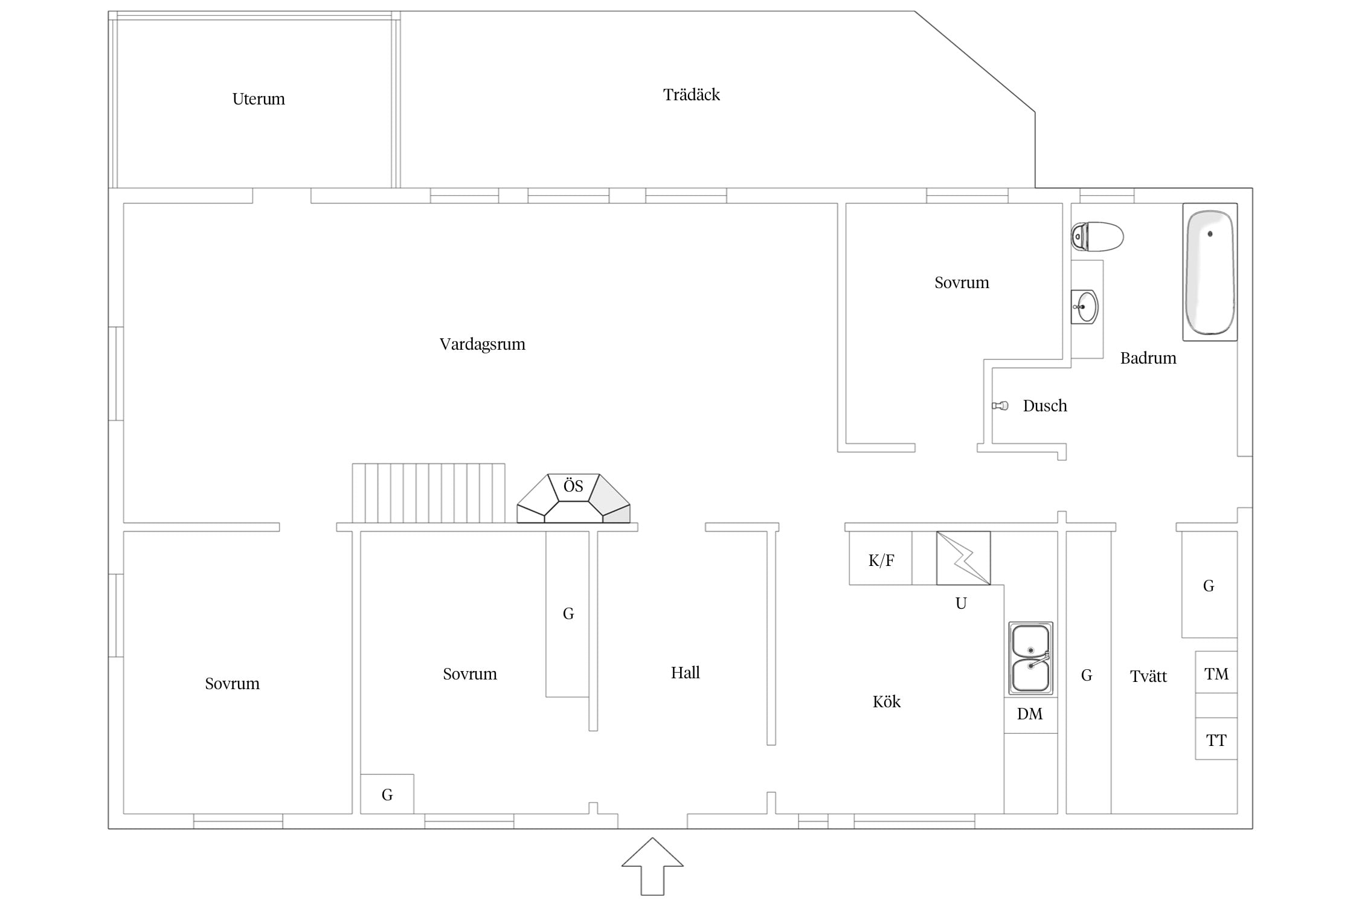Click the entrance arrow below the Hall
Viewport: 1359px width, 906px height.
652,867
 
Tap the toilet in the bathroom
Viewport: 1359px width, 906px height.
1097,237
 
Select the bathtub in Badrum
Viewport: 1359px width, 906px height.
1210,272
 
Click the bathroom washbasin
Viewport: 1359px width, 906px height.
1085,307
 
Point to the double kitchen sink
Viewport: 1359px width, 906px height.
1030,658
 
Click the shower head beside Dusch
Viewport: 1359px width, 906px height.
1000,405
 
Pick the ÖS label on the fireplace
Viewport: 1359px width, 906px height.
573,486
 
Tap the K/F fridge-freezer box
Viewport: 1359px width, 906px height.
881,558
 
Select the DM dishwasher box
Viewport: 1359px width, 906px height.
1030,715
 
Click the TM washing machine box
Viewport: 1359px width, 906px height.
1216,672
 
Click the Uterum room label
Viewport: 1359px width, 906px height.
259,99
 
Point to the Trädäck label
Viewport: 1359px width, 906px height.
692,95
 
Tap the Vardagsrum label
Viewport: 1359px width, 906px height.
483,344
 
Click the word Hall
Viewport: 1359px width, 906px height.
686,672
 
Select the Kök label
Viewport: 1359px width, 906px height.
887,701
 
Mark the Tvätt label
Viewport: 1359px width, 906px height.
1148,676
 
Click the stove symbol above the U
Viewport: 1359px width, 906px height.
963,558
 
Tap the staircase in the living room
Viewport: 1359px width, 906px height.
429,493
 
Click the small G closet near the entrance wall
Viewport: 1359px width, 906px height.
387,794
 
